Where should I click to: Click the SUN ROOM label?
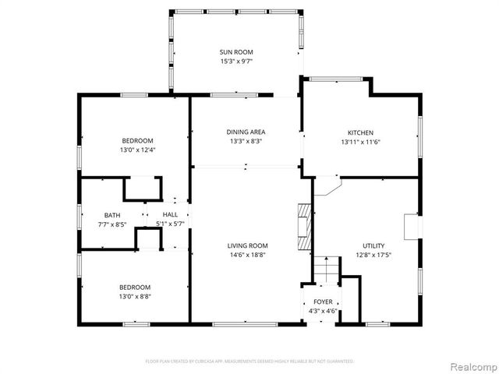pos(235,51)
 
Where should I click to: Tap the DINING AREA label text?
pos(246,132)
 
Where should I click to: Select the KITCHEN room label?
pos(360,132)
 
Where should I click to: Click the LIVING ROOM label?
pos(247,245)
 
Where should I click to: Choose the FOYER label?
pos(323,302)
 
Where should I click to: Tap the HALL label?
pos(170,214)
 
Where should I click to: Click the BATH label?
pos(112,215)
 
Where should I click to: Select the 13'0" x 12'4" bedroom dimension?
pos(137,150)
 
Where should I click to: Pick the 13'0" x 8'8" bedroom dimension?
pos(136,296)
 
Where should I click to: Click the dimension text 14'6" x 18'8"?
pos(247,255)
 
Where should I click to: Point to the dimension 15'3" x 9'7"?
pos(235,61)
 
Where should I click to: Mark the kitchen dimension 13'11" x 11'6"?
pos(360,142)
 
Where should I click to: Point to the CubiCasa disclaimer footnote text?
pos(249,361)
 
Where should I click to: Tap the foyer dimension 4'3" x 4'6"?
pos(323,311)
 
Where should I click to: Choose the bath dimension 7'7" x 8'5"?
pos(112,224)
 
